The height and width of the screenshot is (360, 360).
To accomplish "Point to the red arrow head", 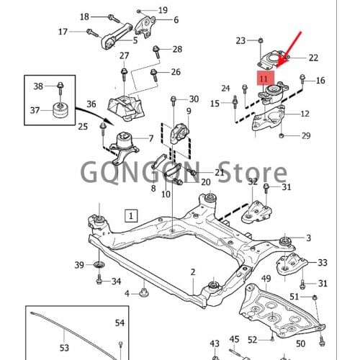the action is coord(280,63).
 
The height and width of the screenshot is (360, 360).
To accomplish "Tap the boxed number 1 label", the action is coord(131,216).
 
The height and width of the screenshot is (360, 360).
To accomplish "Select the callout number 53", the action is coord(64,348).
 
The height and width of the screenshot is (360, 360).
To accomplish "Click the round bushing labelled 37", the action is coord(60,110).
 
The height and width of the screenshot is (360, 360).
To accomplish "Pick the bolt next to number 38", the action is coord(60,88).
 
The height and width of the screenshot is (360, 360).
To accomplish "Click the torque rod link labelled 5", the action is coord(117,36).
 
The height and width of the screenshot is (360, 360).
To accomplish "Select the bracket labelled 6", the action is coord(145,26).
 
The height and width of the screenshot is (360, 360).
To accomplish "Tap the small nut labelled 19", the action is coord(138,11).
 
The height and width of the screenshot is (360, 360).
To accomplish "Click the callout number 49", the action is coord(266,279).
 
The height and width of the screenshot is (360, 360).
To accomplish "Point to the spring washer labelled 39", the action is coord(99,265).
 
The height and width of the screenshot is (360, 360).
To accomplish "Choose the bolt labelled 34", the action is coord(99,279).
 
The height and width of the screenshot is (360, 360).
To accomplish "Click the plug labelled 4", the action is coord(144,292).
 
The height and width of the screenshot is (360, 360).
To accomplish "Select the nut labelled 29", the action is coord(282,136).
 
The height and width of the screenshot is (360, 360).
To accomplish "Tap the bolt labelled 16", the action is coord(302,80).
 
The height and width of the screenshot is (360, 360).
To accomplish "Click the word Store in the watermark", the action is coord(253,171).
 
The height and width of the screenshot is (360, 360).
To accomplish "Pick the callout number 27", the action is coord(124,55).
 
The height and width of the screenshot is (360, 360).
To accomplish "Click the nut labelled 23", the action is coord(261,40).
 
